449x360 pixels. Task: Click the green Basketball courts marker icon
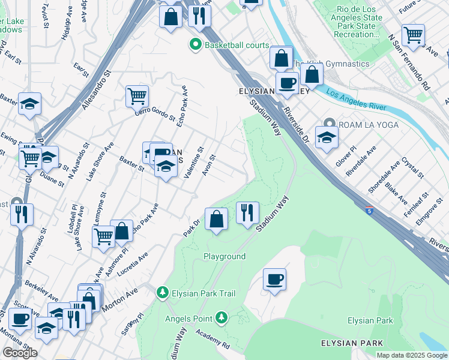[x=195, y=45]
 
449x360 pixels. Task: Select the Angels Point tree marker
[x=222, y=316]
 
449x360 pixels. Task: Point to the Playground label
[x=224, y=256]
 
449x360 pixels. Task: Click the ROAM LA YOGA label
[x=367, y=124]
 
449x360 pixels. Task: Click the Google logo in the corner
[x=19, y=353]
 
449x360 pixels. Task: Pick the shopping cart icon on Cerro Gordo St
[x=137, y=95]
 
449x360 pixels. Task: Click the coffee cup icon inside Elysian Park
[x=274, y=279]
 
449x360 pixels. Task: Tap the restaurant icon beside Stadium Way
[x=247, y=212]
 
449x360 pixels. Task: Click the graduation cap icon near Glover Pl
[x=326, y=137]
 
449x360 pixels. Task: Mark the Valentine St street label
[x=194, y=163]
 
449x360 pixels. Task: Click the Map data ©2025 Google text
[x=412, y=355]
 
